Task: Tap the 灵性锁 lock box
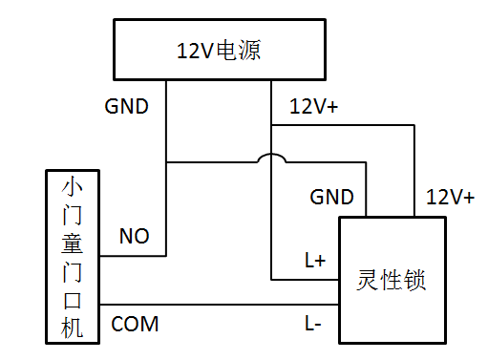(x=393, y=279)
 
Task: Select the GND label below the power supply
(x=126, y=106)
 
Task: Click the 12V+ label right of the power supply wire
(x=313, y=108)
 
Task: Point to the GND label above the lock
(x=332, y=198)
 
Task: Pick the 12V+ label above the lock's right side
(x=450, y=198)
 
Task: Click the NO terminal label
(x=133, y=236)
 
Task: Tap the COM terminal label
(x=136, y=325)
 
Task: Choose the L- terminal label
(x=313, y=325)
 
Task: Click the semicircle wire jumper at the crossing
(x=272, y=159)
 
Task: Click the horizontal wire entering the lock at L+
(x=306, y=280)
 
